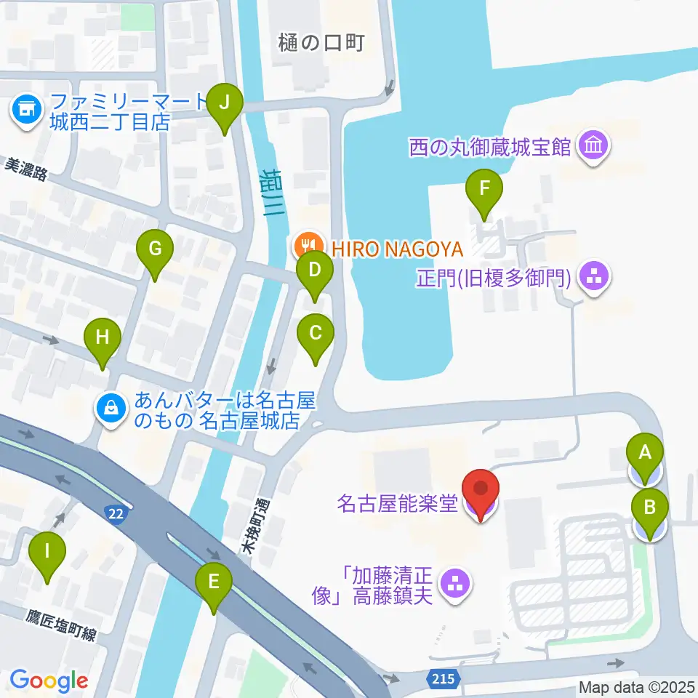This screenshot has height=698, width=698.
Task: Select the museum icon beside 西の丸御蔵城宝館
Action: pos(594,148)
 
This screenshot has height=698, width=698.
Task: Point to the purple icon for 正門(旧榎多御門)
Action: pos(594,277)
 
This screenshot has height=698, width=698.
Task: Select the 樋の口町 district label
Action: pos(320,43)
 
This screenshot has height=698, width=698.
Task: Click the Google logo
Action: pos(49,681)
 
